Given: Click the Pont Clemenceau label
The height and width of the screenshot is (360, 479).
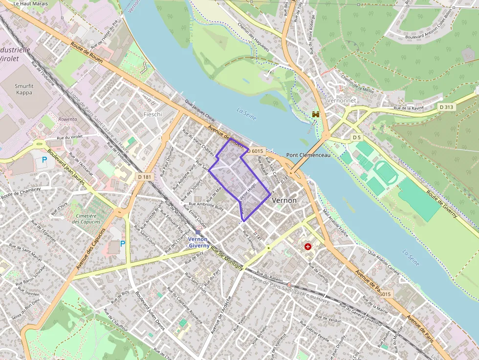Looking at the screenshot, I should (x=308, y=155).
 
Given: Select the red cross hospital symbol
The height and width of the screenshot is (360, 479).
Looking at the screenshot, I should (x=308, y=247).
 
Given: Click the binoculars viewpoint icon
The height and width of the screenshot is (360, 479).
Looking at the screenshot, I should (x=316, y=114).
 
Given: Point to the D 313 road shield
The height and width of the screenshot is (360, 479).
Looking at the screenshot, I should (x=446, y=107).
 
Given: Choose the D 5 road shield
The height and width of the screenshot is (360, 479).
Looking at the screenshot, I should (x=357, y=138).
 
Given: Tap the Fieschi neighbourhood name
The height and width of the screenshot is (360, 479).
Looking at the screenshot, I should (x=152, y=114).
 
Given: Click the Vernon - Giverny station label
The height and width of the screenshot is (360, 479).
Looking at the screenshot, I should (x=198, y=242).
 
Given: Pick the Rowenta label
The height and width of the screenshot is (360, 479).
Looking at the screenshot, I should (x=67, y=119).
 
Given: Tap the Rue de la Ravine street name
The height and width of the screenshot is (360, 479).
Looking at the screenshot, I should (x=409, y=108).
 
